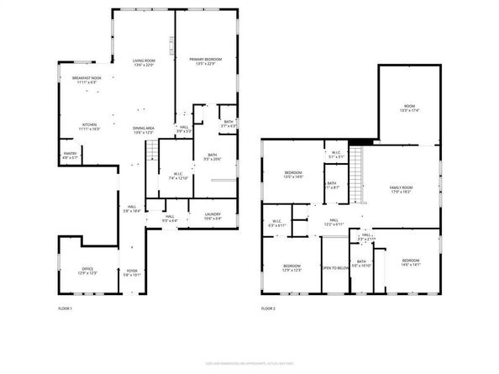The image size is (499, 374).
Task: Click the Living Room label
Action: point(144,63)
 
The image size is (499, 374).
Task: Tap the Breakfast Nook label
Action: point(87,80)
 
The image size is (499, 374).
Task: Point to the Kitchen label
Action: point(90,127)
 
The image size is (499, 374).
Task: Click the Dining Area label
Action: point(144,130)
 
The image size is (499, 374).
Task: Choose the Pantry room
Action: point(70,155)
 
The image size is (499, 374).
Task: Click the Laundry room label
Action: point(213,216)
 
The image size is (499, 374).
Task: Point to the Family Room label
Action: point(401,189)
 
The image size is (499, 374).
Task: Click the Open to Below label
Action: point(334,268)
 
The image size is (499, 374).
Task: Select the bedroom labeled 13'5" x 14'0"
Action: point(292,174)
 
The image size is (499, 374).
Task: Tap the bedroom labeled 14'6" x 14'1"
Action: point(410,262)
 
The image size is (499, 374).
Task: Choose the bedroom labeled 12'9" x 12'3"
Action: point(292,267)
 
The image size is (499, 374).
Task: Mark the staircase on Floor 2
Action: point(356,168)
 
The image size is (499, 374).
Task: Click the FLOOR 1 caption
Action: point(64,309)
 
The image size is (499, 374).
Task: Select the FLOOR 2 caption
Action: point(267,309)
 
